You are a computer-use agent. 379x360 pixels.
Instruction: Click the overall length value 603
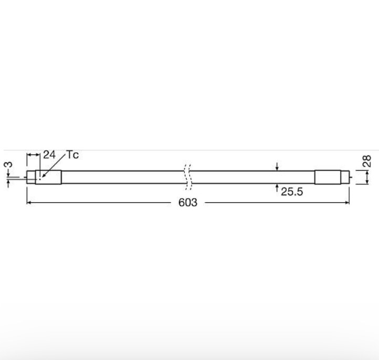(188, 202)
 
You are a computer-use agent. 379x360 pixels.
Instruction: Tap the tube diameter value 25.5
(292, 192)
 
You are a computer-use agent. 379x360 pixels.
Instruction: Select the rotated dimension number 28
(367, 161)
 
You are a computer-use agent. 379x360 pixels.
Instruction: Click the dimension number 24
(49, 155)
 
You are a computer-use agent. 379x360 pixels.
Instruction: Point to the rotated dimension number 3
(8, 164)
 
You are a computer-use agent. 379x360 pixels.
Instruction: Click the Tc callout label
(72, 155)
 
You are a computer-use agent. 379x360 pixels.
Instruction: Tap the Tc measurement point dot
(40, 179)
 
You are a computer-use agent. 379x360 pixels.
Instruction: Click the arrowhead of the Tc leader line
(43, 177)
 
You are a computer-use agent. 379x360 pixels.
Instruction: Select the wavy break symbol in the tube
(188, 177)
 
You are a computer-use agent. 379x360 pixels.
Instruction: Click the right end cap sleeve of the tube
(328, 177)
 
